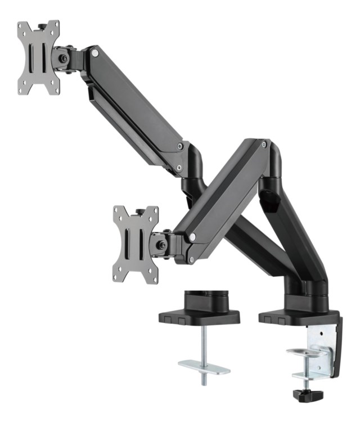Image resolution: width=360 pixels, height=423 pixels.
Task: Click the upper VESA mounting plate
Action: click(x=38, y=57)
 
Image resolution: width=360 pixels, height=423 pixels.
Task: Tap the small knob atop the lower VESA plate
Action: click(x=137, y=212)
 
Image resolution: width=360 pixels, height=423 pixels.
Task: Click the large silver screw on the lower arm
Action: click(x=193, y=238)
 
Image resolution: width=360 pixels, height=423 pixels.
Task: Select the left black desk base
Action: click(x=199, y=316)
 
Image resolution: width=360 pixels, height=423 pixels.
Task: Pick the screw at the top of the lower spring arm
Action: click(x=263, y=144)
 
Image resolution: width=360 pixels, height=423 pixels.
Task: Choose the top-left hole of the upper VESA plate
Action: click(x=23, y=27)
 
